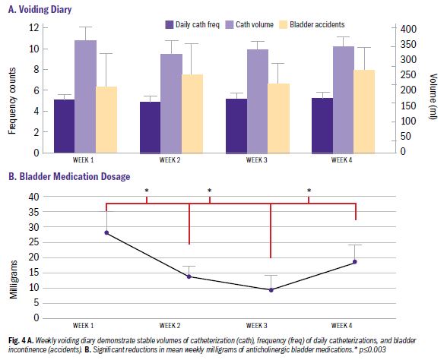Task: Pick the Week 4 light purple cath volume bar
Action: tap(344, 99)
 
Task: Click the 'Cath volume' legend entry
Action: tap(257, 24)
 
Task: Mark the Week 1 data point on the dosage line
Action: tap(106, 232)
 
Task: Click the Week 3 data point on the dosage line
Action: tap(271, 289)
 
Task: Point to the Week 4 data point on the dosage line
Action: tap(354, 262)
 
